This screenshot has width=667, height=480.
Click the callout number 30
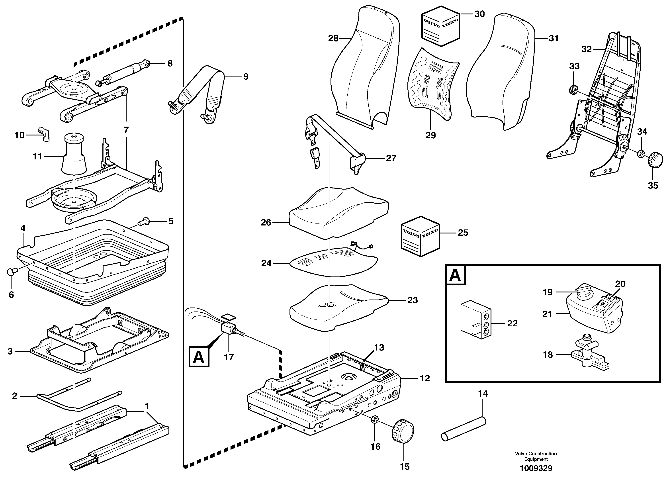tap(480, 14)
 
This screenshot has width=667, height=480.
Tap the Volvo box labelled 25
tap(420, 236)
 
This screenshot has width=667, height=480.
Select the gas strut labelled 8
tap(123, 74)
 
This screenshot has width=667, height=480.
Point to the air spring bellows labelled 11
tap(74, 156)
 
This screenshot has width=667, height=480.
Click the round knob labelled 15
tap(403, 431)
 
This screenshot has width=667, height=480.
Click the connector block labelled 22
tap(475, 319)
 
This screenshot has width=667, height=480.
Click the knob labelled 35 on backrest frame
tap(655, 160)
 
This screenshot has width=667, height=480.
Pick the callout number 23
tap(413, 300)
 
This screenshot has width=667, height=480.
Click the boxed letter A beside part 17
tap(199, 357)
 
